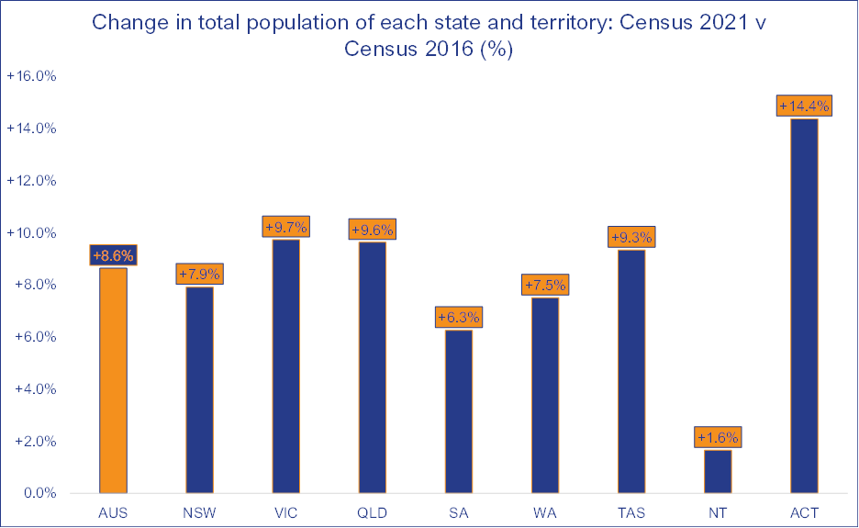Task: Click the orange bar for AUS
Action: click(x=113, y=380)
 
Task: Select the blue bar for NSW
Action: click(x=199, y=390)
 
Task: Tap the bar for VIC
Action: click(x=285, y=366)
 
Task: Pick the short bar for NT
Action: click(x=718, y=471)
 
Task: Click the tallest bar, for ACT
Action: click(x=804, y=306)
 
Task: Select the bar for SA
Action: click(x=458, y=411)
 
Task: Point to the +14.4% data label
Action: click(x=804, y=107)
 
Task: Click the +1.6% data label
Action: click(x=718, y=437)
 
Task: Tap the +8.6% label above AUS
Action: click(x=113, y=255)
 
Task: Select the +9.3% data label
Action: click(x=631, y=238)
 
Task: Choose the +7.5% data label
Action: click(x=545, y=285)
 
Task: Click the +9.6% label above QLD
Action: click(x=372, y=230)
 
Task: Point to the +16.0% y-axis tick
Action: click(x=32, y=77)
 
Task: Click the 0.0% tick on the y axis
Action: click(x=37, y=494)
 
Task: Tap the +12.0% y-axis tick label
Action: click(x=32, y=181)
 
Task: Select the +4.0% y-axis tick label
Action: click(x=35, y=389)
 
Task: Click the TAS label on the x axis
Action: click(x=631, y=512)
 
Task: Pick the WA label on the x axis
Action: click(x=545, y=512)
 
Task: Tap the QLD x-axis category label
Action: click(x=372, y=512)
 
